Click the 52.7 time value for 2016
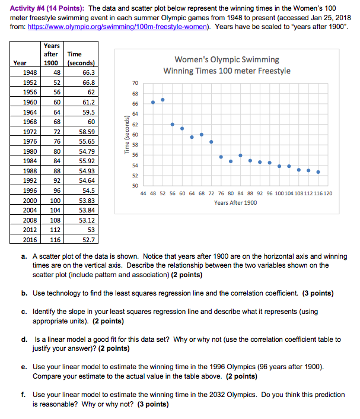click(87, 240)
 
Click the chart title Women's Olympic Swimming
click(227, 59)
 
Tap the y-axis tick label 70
click(135, 84)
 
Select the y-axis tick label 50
click(135, 186)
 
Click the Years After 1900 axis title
click(235, 203)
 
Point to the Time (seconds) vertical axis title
click(126, 135)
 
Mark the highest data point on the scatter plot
click(163, 100)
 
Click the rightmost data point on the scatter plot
click(318, 172)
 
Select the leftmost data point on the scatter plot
click(153, 102)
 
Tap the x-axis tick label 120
click(327, 193)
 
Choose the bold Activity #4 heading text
click(30, 8)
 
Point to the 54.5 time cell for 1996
click(87, 191)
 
